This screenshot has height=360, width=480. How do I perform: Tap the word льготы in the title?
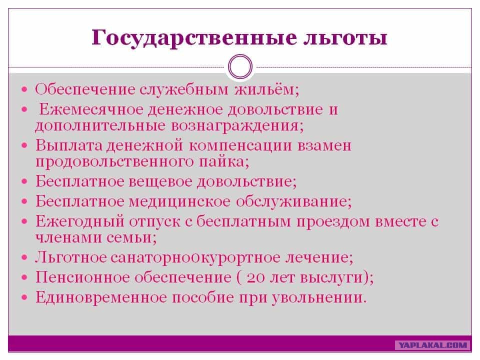coord(345,37)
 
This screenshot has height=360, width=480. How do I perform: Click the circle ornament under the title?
coord(240,66)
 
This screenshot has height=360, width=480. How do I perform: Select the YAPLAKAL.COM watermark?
coord(432,345)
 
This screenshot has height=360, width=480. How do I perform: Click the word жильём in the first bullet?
coord(265,89)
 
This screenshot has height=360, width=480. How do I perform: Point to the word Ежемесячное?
coord(91,109)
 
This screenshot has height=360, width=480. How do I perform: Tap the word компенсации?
coord(240,146)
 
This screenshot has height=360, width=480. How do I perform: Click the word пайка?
coord(222,161)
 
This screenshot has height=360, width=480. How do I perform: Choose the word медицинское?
coord(179,201)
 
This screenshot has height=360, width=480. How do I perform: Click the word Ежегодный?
coord(80,221)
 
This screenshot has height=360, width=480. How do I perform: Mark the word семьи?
coord(129,237)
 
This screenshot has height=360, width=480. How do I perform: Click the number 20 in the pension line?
coord(255,277)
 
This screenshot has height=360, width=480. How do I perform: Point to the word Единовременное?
coord(101,297)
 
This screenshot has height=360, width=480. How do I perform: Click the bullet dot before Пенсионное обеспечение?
coord(24,277)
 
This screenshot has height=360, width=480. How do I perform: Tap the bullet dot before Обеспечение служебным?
coord(24,89)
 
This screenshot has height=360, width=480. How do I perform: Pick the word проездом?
coord(333,221)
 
